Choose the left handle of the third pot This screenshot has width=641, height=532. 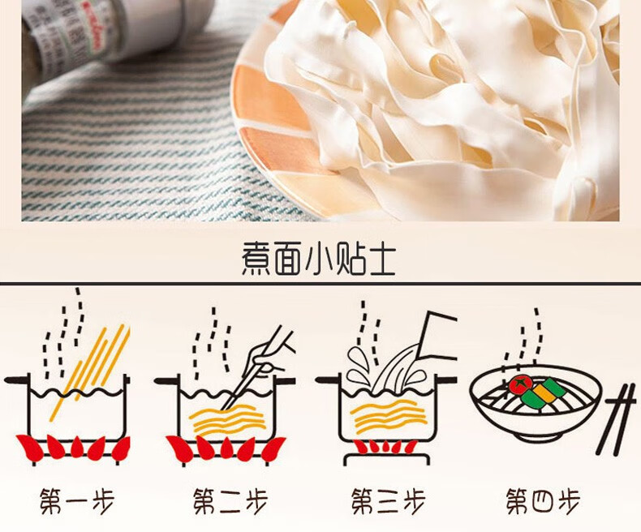(326, 379)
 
